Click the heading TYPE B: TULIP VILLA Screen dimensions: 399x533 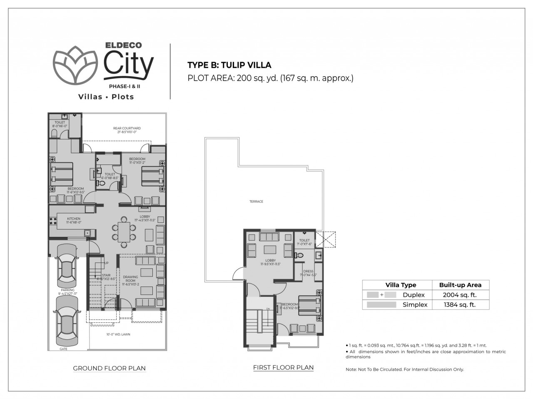(229, 65)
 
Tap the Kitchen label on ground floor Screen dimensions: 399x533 (74, 220)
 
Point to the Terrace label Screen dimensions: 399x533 (256, 202)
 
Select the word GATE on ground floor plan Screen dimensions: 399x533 (63, 349)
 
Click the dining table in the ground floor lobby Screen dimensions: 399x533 (124, 232)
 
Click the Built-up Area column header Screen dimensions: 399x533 (460, 285)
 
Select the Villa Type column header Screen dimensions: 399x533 (401, 285)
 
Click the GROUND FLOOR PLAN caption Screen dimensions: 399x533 (109, 368)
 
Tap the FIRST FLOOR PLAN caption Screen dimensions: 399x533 (283, 367)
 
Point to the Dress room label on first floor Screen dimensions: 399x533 (308, 273)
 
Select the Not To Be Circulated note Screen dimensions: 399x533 (404, 369)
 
